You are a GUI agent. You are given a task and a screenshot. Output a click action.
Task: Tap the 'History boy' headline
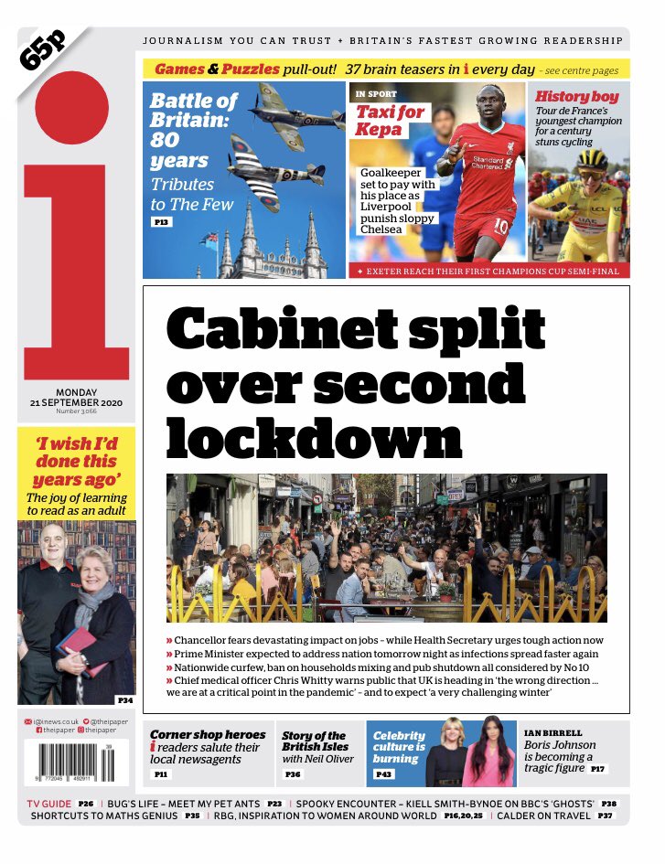(576, 96)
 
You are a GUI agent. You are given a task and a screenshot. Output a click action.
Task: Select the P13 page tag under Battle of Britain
(160, 222)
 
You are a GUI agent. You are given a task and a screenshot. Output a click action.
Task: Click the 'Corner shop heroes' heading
(208, 735)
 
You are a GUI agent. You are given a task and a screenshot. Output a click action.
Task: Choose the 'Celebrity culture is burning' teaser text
(399, 747)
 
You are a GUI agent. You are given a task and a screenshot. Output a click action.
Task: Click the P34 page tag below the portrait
(124, 699)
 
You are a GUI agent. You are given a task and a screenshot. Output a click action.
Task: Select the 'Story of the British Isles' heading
(313, 741)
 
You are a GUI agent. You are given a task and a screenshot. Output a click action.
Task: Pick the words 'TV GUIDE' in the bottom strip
(48, 803)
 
